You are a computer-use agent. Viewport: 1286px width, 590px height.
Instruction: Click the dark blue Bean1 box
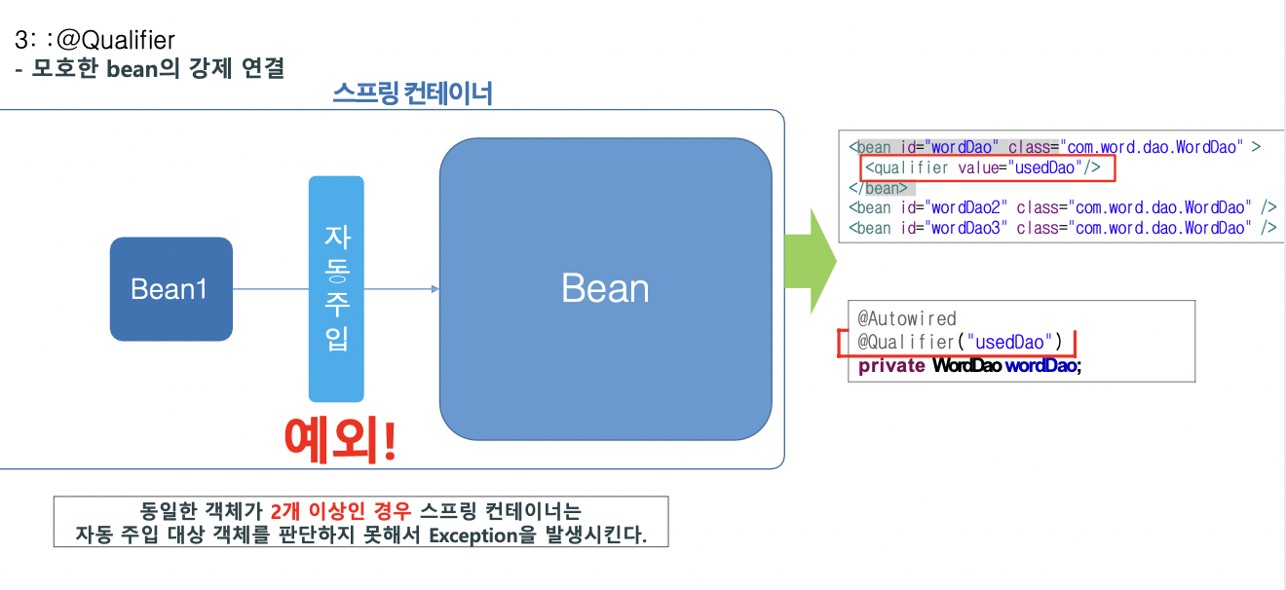[170, 289]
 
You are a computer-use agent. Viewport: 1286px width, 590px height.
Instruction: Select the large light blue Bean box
[605, 289]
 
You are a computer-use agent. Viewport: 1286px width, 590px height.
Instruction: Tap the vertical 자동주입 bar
[336, 289]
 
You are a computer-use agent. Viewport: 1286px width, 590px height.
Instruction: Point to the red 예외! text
[341, 440]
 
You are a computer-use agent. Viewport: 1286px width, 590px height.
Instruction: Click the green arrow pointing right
[810, 261]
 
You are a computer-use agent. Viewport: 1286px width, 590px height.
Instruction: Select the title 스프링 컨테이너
[412, 93]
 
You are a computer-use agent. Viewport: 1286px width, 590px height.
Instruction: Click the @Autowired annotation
[907, 318]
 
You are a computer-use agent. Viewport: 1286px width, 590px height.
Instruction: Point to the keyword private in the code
[891, 366]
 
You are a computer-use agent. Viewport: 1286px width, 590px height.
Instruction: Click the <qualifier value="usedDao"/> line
[983, 167]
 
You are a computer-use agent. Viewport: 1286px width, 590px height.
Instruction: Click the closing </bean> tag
[878, 188]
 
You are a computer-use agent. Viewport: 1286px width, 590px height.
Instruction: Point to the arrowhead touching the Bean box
[434, 289]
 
